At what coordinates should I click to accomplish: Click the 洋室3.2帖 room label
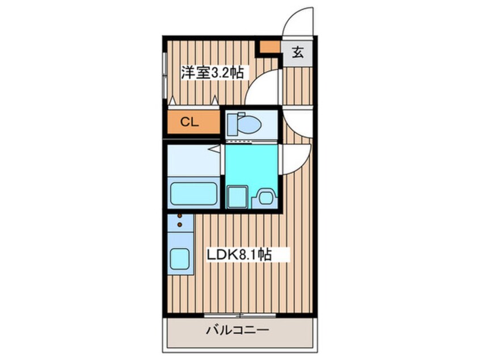pyautogui.click(x=213, y=73)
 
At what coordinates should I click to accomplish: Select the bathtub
pyautogui.click(x=194, y=193)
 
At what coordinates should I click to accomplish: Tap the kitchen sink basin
pyautogui.click(x=180, y=259)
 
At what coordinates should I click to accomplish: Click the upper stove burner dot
pyautogui.click(x=180, y=215)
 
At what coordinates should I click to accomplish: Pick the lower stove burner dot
pyautogui.click(x=180, y=225)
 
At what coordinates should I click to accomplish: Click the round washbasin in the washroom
pyautogui.click(x=266, y=198)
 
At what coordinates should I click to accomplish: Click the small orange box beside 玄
pyautogui.click(x=269, y=47)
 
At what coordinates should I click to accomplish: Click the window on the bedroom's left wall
pyautogui.click(x=165, y=74)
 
